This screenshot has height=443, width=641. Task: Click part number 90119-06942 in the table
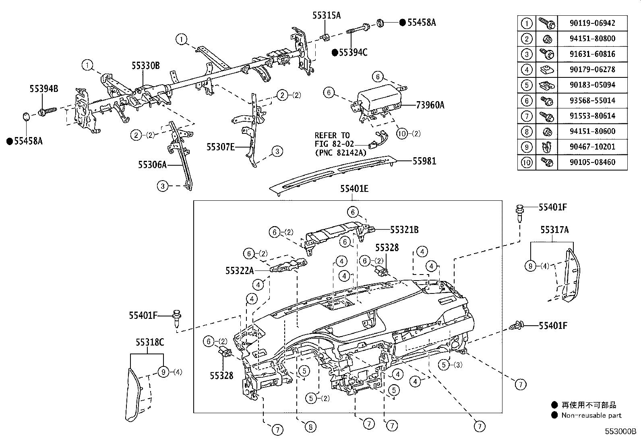pyautogui.click(x=592, y=23)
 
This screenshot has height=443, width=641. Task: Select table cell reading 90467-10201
pyautogui.click(x=592, y=147)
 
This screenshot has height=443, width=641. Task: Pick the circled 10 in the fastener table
pyautogui.click(x=527, y=162)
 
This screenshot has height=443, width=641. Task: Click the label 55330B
pyautogui.click(x=145, y=65)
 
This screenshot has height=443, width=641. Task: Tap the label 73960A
pyautogui.click(x=430, y=105)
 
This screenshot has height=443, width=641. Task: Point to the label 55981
pyautogui.click(x=424, y=161)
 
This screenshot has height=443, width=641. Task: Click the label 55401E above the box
pyautogui.click(x=354, y=188)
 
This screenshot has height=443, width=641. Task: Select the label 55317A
pyautogui.click(x=554, y=230)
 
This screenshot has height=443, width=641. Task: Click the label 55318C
pyautogui.click(x=149, y=343)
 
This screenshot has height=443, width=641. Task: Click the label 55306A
pyautogui.click(x=152, y=164)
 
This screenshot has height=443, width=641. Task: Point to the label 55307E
pyautogui.click(x=220, y=147)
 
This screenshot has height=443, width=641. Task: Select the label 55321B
pyautogui.click(x=404, y=230)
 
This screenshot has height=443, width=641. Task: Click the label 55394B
pyautogui.click(x=43, y=89)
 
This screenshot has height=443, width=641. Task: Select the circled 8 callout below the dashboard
pyautogui.click(x=310, y=427)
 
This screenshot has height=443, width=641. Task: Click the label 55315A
pyautogui.click(x=326, y=15)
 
